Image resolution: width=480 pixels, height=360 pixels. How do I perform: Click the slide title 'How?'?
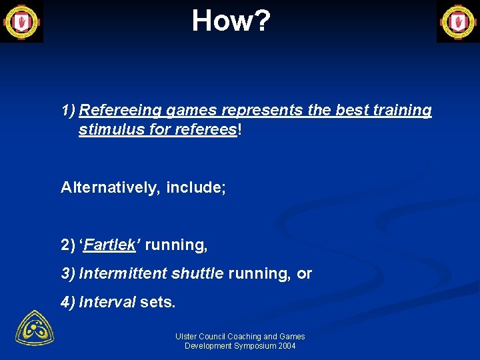231,21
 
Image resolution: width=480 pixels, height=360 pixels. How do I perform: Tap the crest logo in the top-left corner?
21,21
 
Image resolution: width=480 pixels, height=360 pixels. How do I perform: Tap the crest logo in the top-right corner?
458,21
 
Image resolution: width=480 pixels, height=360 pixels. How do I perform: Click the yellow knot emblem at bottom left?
35,328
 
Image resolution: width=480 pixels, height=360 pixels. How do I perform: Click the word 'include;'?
196,187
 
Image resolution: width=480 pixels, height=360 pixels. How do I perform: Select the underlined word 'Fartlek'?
110,245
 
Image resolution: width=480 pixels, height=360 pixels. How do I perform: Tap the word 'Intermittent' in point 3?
123,273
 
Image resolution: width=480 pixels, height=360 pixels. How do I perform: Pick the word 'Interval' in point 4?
107,302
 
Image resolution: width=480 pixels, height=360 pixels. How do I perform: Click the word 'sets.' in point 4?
158,302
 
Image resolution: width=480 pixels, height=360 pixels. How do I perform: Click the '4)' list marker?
68,302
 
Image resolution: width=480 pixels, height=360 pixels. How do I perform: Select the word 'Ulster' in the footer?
186,337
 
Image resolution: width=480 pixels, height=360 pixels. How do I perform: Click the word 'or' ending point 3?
304,273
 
